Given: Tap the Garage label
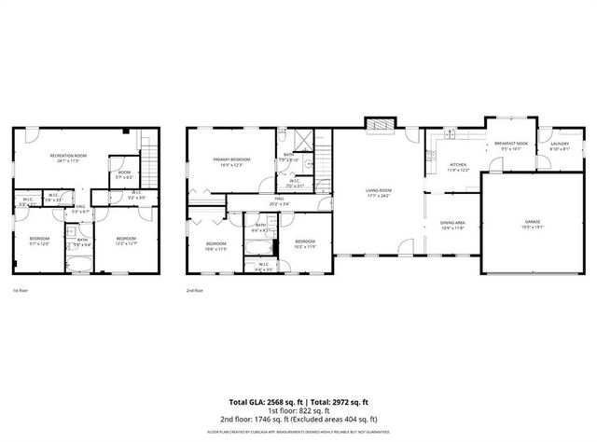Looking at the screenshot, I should (532, 221).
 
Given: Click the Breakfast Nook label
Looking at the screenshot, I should (511, 143).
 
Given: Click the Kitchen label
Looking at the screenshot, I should (458, 165).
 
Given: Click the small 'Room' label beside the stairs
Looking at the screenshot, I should (124, 173).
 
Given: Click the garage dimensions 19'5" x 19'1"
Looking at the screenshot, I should (532, 227).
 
